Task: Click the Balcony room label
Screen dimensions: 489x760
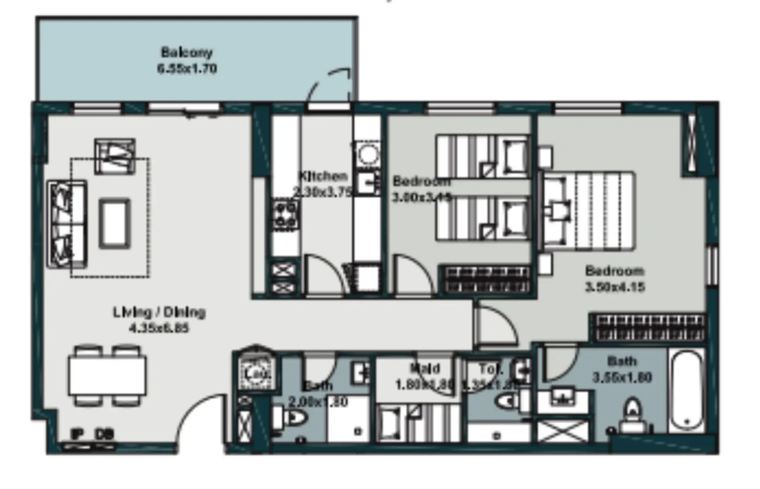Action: [187, 52]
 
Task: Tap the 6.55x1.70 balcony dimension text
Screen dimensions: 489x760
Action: [187, 69]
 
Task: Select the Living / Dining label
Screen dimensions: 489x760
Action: [159, 312]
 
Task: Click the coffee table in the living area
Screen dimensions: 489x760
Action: [115, 224]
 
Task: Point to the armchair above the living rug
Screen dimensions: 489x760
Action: [115, 156]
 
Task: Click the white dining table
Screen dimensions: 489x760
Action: [107, 376]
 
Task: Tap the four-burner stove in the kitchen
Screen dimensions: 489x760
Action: [285, 215]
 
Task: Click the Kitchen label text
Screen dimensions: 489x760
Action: [323, 176]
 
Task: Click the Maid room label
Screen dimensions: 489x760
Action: [425, 368]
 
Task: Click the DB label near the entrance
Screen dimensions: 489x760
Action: [104, 433]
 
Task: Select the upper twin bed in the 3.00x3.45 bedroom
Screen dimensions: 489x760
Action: [482, 157]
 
